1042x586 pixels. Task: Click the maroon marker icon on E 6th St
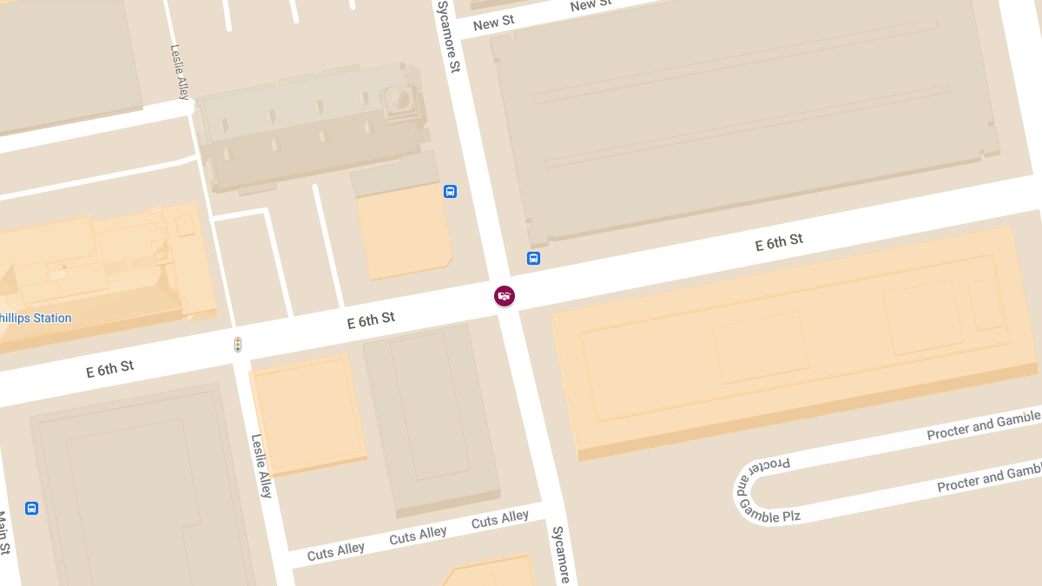coord(505,296)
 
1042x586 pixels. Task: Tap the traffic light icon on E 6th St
coord(237,345)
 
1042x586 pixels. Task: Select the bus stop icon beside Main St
coord(32,508)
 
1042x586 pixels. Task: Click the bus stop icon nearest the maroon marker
coord(533,258)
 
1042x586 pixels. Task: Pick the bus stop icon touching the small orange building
coord(450,191)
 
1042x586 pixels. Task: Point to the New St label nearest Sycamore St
coord(493,23)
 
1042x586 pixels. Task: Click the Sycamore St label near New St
coord(448,36)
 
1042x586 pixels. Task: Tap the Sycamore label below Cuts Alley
coord(561,554)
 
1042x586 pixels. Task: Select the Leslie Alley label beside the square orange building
coord(261,465)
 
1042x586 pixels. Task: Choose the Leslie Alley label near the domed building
coord(180,73)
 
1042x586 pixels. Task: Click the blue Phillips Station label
coord(35,318)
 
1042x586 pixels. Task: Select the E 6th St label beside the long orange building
coord(778,242)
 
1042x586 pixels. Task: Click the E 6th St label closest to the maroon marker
coord(371,320)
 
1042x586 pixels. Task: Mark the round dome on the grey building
coord(400,98)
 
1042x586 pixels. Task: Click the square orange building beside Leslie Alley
coord(307,413)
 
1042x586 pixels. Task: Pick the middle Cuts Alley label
coord(418,536)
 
